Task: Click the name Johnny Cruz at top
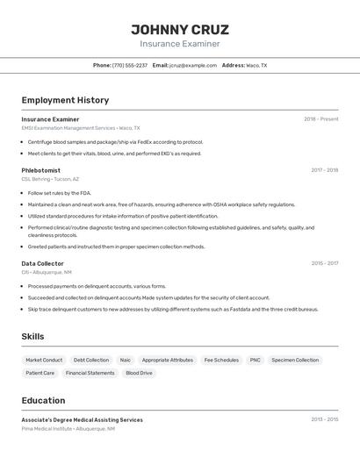tap(180, 29)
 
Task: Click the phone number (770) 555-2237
tap(130, 66)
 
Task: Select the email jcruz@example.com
tap(193, 66)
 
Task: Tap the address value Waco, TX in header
tap(256, 66)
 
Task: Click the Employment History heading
tap(65, 100)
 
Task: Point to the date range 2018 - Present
tap(320, 119)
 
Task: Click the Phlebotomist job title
tap(40, 170)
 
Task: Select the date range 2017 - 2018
tap(324, 170)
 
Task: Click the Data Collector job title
tap(42, 263)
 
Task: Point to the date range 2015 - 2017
tap(324, 263)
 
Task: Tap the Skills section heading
tap(32, 337)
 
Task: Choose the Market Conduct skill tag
tap(44, 360)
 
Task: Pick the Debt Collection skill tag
tap(91, 360)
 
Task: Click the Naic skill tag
tap(126, 360)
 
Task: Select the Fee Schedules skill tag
tap(221, 360)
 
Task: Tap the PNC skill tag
tap(255, 360)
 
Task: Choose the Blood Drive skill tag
tap(139, 373)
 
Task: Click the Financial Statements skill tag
tap(90, 373)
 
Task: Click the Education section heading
tap(43, 400)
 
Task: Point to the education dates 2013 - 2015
tap(324, 420)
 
